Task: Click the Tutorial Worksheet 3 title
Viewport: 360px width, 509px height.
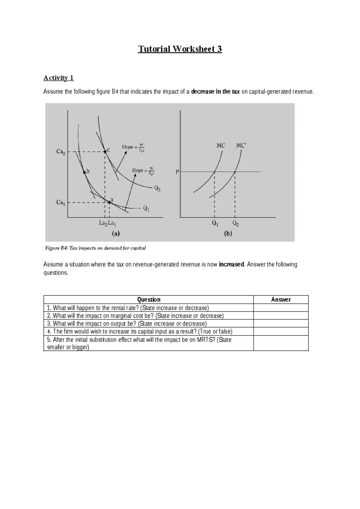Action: click(x=180, y=49)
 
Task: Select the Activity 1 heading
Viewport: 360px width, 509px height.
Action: click(x=58, y=78)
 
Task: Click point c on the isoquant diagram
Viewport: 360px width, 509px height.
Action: click(x=105, y=152)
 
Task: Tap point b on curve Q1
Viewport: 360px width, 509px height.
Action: click(x=85, y=172)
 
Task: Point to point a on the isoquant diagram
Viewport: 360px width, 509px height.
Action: click(x=109, y=202)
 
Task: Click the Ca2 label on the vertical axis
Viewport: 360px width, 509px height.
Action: click(x=61, y=152)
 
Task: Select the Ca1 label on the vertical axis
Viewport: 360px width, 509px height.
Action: click(x=61, y=203)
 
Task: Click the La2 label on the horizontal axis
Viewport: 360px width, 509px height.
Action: click(x=103, y=223)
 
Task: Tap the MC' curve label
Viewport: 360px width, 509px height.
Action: click(x=241, y=146)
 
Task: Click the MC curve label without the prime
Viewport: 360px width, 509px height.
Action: click(x=221, y=146)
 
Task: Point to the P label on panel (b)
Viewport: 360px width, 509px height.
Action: click(x=177, y=172)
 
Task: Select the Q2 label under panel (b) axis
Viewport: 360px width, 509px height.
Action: click(x=235, y=224)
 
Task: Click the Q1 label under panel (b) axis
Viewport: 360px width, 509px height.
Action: click(x=215, y=224)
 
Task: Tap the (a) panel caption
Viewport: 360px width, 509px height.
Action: click(x=116, y=233)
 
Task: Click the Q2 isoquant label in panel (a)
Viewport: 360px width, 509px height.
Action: click(x=157, y=188)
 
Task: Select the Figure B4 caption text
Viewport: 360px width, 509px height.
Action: click(x=95, y=248)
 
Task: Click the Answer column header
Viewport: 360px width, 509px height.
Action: click(x=281, y=300)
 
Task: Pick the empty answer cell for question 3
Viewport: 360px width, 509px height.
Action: click(x=281, y=324)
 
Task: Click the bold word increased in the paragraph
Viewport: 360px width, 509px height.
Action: click(x=232, y=264)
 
